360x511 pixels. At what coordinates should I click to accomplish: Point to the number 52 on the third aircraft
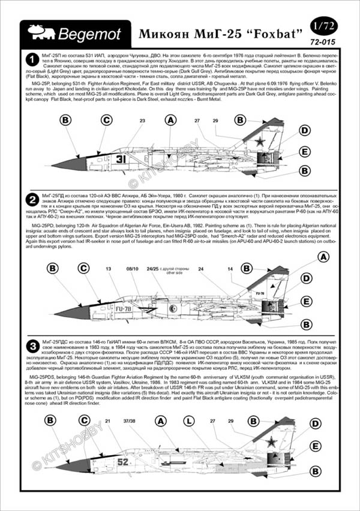click(122, 462)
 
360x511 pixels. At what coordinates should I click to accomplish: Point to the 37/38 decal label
click(129, 421)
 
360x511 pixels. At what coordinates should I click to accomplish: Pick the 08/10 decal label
click(133, 270)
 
